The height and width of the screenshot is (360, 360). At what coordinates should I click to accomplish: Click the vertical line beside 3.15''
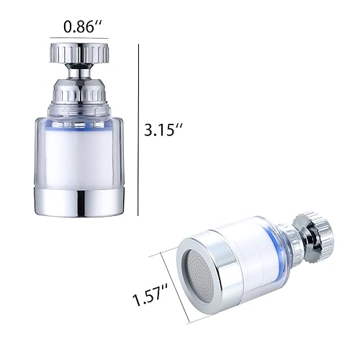[139, 130]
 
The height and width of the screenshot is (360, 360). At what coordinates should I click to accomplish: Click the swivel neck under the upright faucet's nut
[80, 72]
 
